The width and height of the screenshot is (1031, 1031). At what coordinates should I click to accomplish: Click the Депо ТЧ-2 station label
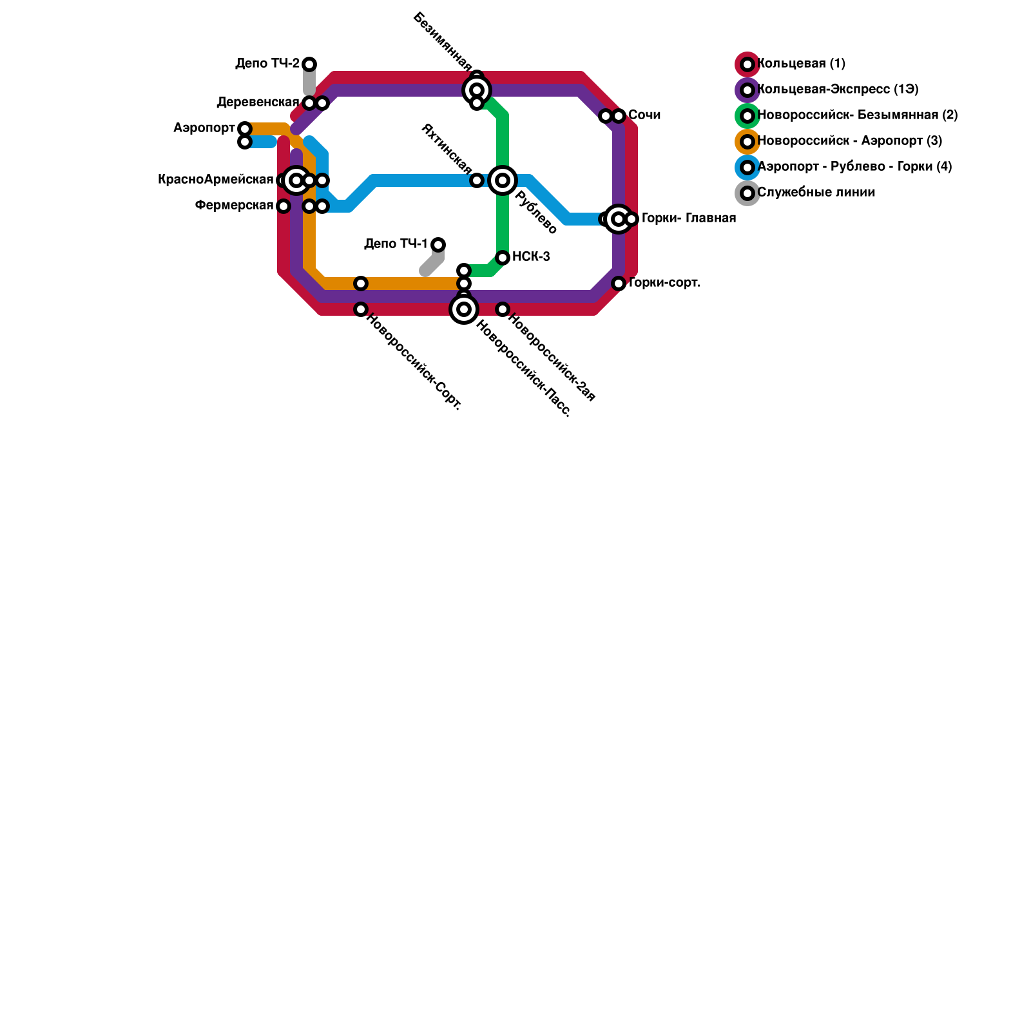click(267, 64)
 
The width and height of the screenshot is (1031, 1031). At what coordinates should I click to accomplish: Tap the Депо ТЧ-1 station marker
click(438, 244)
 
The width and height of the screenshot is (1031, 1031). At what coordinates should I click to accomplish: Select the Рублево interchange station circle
click(503, 180)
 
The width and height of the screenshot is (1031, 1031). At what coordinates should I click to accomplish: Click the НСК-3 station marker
click(503, 258)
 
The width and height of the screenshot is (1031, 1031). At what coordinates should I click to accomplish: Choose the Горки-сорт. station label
click(664, 283)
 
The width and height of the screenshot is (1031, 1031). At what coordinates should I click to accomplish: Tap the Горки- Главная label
click(688, 218)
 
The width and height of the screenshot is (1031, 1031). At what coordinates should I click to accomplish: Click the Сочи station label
click(644, 115)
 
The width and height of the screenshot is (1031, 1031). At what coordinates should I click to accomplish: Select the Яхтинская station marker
click(477, 180)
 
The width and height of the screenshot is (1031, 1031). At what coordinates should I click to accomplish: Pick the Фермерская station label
click(234, 206)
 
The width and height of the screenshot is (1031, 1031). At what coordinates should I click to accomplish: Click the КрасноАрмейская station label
click(215, 180)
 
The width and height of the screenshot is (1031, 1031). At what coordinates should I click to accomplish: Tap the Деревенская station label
click(258, 102)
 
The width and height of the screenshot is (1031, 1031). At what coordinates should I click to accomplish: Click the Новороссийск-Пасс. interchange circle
click(464, 309)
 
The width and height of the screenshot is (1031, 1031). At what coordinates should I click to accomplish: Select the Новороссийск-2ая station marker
click(503, 309)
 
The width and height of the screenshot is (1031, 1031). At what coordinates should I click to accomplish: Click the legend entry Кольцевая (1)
click(801, 64)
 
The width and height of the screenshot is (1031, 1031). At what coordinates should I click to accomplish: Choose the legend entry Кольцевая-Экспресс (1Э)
click(838, 90)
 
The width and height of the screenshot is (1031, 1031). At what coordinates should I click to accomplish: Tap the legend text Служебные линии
click(816, 193)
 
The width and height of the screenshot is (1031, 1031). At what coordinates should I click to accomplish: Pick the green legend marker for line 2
click(747, 116)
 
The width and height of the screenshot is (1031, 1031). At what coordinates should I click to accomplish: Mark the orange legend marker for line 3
click(747, 142)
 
